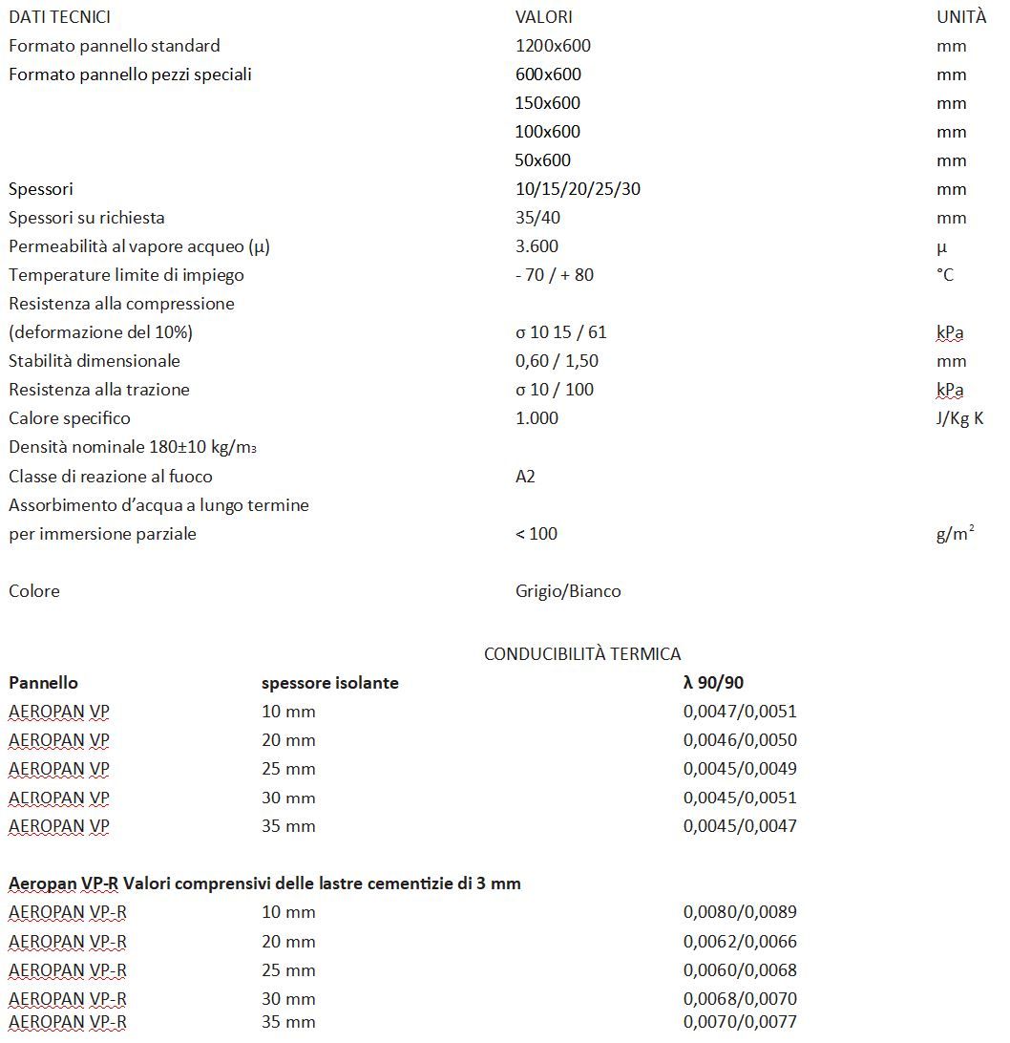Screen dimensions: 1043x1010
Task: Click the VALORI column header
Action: tap(544, 17)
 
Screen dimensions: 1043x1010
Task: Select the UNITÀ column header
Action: tap(961, 17)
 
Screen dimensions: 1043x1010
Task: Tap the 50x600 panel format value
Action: tap(543, 160)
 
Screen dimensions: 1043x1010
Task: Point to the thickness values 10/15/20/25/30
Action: tap(578, 189)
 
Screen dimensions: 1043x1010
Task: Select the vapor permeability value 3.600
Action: tap(537, 246)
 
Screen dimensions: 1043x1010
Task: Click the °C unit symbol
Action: tap(945, 275)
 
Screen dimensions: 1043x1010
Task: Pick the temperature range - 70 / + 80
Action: tap(554, 275)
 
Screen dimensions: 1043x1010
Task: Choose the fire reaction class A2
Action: tap(525, 476)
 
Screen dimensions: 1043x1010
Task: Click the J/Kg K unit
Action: tap(959, 418)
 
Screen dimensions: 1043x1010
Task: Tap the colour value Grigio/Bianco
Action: tap(568, 591)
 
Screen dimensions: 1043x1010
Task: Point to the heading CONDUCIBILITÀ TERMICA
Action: tap(582, 654)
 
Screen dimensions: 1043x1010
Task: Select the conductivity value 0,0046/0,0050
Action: tap(740, 740)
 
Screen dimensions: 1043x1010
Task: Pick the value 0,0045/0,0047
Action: tap(740, 826)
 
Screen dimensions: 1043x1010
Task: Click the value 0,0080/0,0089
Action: tap(740, 912)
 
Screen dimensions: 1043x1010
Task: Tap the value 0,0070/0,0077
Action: tap(740, 1022)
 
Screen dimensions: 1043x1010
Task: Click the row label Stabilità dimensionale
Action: tap(95, 361)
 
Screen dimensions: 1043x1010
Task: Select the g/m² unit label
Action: tap(955, 534)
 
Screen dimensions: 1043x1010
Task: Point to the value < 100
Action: tap(537, 534)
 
